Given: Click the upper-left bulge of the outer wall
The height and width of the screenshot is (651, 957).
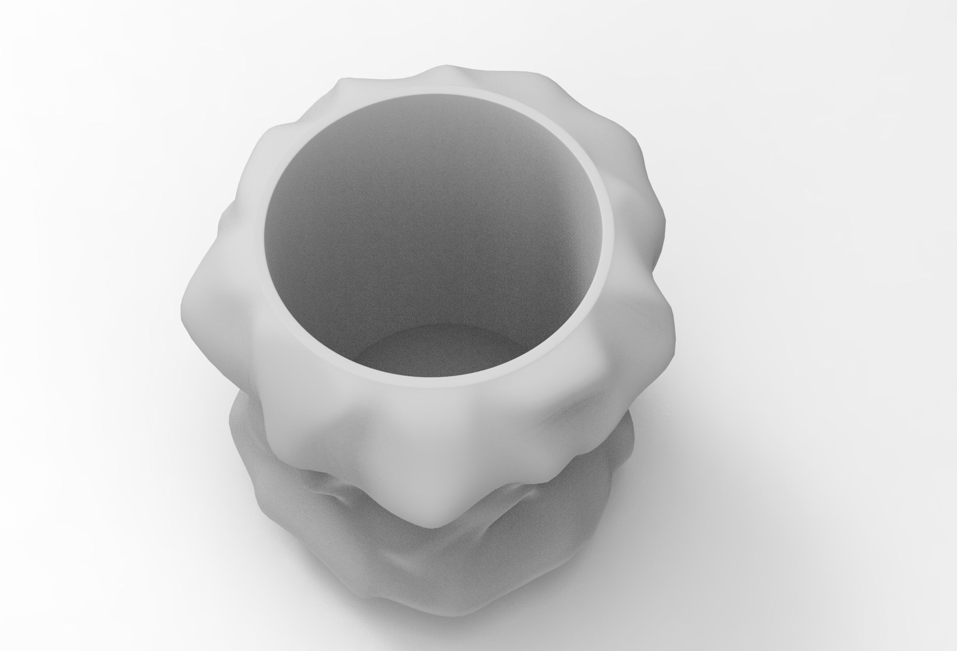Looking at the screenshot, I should click(279, 145).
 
